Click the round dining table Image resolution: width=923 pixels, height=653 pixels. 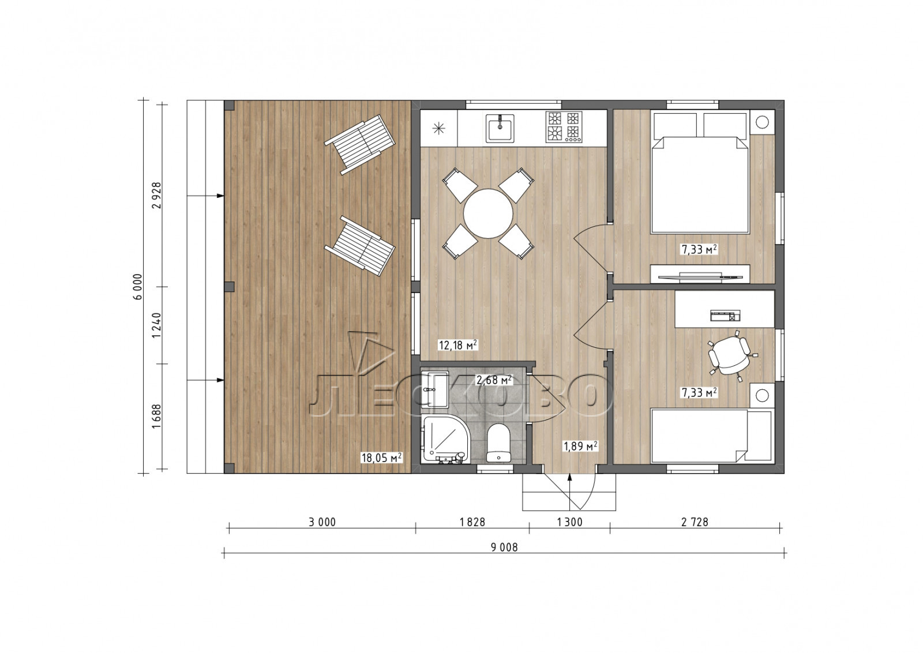tap(488, 213)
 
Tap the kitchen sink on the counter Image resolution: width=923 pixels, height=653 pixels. tap(500, 128)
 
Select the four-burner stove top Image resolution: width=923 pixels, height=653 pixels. tap(564, 127)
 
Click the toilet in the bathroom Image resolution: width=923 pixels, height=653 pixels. tap(498, 442)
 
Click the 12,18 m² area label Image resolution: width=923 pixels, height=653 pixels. tap(458, 345)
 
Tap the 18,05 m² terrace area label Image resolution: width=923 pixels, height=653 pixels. tap(381, 457)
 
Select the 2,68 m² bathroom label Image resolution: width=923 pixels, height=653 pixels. tap(494, 380)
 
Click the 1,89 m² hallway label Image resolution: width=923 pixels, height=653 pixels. tap(580, 445)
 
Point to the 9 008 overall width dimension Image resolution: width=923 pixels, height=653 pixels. tap(504, 547)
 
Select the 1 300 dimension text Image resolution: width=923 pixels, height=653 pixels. tap(570, 522)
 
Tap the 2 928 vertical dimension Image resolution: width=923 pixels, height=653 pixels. tap(156, 195)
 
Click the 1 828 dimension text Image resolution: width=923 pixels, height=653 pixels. tap(472, 522)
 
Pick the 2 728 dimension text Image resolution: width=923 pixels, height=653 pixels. tap(695, 522)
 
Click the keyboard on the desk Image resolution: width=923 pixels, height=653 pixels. tap(725, 316)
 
